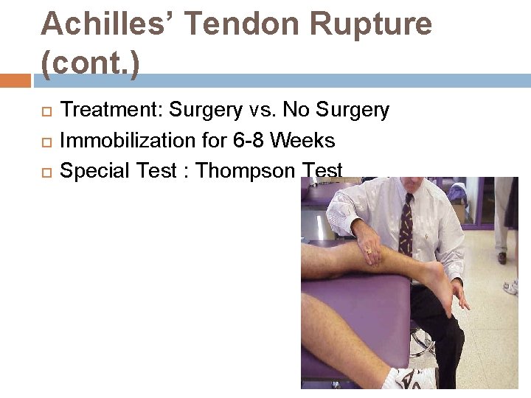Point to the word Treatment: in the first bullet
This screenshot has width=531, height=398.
click(x=111, y=111)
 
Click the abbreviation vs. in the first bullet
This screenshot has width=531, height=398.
click(x=263, y=111)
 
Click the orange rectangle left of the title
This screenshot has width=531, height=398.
click(x=15, y=80)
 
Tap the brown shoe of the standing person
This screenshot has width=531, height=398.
click(x=502, y=258)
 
